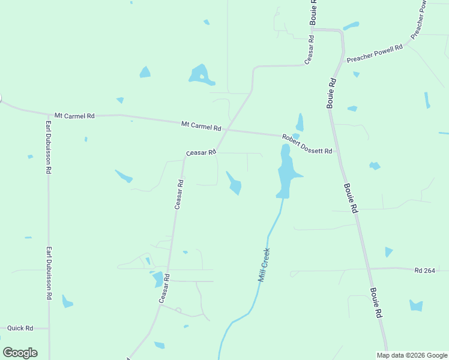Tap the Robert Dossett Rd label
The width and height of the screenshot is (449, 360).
click(307, 145)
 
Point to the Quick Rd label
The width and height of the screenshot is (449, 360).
click(20, 328)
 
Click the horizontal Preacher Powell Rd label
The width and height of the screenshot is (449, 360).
click(374, 53)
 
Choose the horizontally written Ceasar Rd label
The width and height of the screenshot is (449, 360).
click(200, 153)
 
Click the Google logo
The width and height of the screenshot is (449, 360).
click(20, 352)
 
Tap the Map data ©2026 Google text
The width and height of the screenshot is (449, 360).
click(412, 355)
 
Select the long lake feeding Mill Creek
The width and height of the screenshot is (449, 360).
click(286, 172)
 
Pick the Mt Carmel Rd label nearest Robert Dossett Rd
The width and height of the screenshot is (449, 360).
click(201, 126)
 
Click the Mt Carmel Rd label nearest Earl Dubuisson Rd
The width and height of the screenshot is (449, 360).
click(74, 115)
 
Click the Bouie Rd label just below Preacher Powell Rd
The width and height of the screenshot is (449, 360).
click(331, 93)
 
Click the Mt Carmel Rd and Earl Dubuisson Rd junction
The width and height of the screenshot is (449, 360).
click(48, 114)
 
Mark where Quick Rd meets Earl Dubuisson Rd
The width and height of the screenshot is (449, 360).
click(49, 329)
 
